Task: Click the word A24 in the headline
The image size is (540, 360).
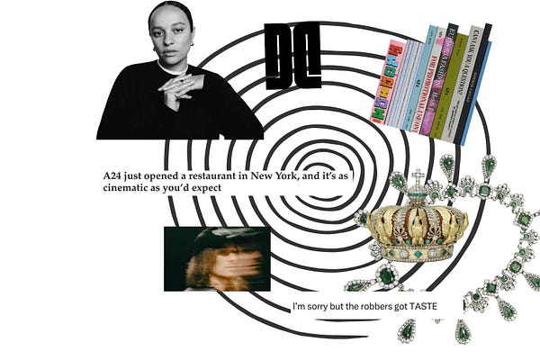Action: click(x=112, y=176)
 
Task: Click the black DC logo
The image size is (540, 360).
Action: click(x=292, y=56)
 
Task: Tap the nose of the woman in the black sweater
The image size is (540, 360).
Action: click(x=171, y=36)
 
